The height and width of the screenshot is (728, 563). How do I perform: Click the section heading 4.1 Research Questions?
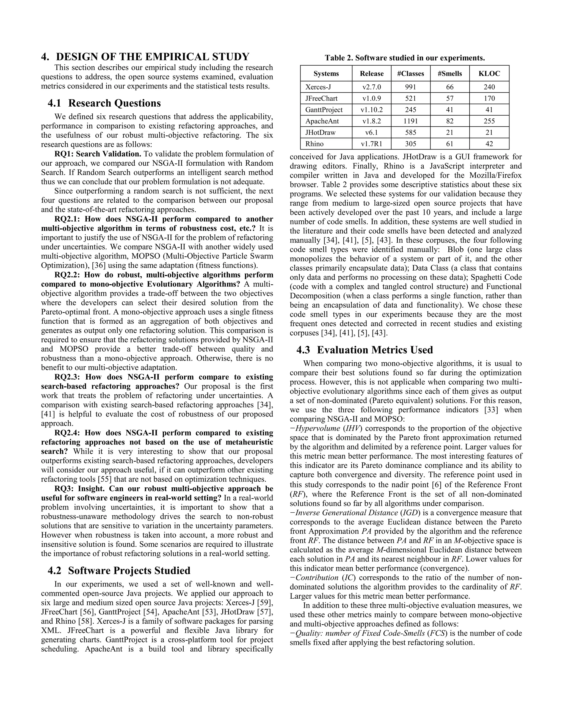(104, 103)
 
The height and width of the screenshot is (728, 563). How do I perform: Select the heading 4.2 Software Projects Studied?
(119, 571)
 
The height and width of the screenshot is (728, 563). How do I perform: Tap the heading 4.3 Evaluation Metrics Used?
(365, 350)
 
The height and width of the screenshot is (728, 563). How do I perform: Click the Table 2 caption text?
(405, 58)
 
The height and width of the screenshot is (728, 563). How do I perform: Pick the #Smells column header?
(449, 74)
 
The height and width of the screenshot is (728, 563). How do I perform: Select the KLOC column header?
(489, 74)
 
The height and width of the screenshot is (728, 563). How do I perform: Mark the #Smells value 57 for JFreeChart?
(449, 99)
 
